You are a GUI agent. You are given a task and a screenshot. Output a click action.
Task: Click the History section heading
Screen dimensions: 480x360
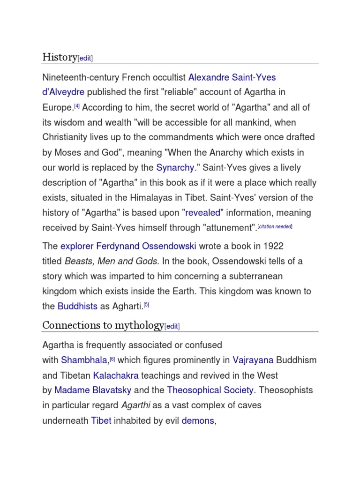tap(60, 57)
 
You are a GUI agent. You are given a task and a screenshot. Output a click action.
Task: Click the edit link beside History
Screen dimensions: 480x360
tap(85, 58)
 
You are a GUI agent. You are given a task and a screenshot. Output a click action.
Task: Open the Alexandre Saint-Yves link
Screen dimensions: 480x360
tap(229, 76)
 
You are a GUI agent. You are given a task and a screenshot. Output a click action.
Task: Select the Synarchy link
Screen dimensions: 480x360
tap(175, 167)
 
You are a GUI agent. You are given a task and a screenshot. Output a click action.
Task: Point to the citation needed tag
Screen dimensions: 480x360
tap(277, 226)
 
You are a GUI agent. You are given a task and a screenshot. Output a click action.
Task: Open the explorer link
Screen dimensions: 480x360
tap(77, 246)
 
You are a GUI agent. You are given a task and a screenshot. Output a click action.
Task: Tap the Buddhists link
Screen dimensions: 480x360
tap(77, 306)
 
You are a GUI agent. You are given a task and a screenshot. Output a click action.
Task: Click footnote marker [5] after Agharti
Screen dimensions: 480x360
tap(146, 305)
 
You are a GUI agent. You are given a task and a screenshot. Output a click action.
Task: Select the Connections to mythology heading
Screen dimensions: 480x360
tap(103, 325)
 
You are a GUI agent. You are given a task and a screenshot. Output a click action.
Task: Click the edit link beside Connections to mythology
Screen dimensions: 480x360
tap(172, 326)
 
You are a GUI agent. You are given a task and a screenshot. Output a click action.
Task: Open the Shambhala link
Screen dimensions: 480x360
tap(84, 360)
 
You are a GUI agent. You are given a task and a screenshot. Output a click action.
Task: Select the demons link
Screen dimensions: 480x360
tap(198, 420)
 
